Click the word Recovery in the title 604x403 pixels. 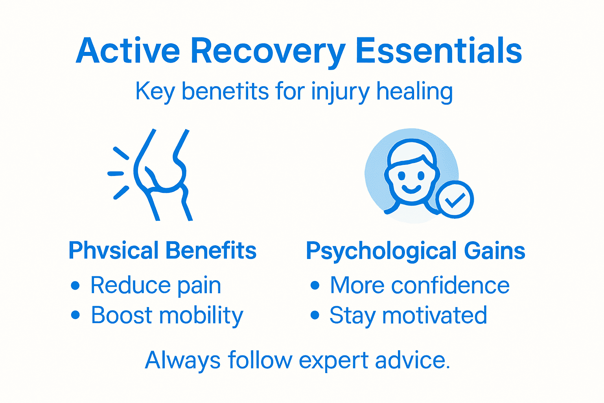[x=268, y=51]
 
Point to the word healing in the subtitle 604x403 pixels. [x=414, y=92]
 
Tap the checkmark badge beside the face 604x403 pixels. [x=455, y=200]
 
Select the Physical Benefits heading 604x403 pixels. [x=162, y=250]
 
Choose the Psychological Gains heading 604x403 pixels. [x=415, y=251]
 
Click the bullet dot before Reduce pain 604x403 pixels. [x=75, y=285]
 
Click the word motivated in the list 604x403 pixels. [x=435, y=315]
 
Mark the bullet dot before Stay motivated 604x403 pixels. [x=315, y=315]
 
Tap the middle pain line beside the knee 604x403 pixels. [x=116, y=173]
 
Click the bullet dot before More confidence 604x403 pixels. [x=315, y=285]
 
